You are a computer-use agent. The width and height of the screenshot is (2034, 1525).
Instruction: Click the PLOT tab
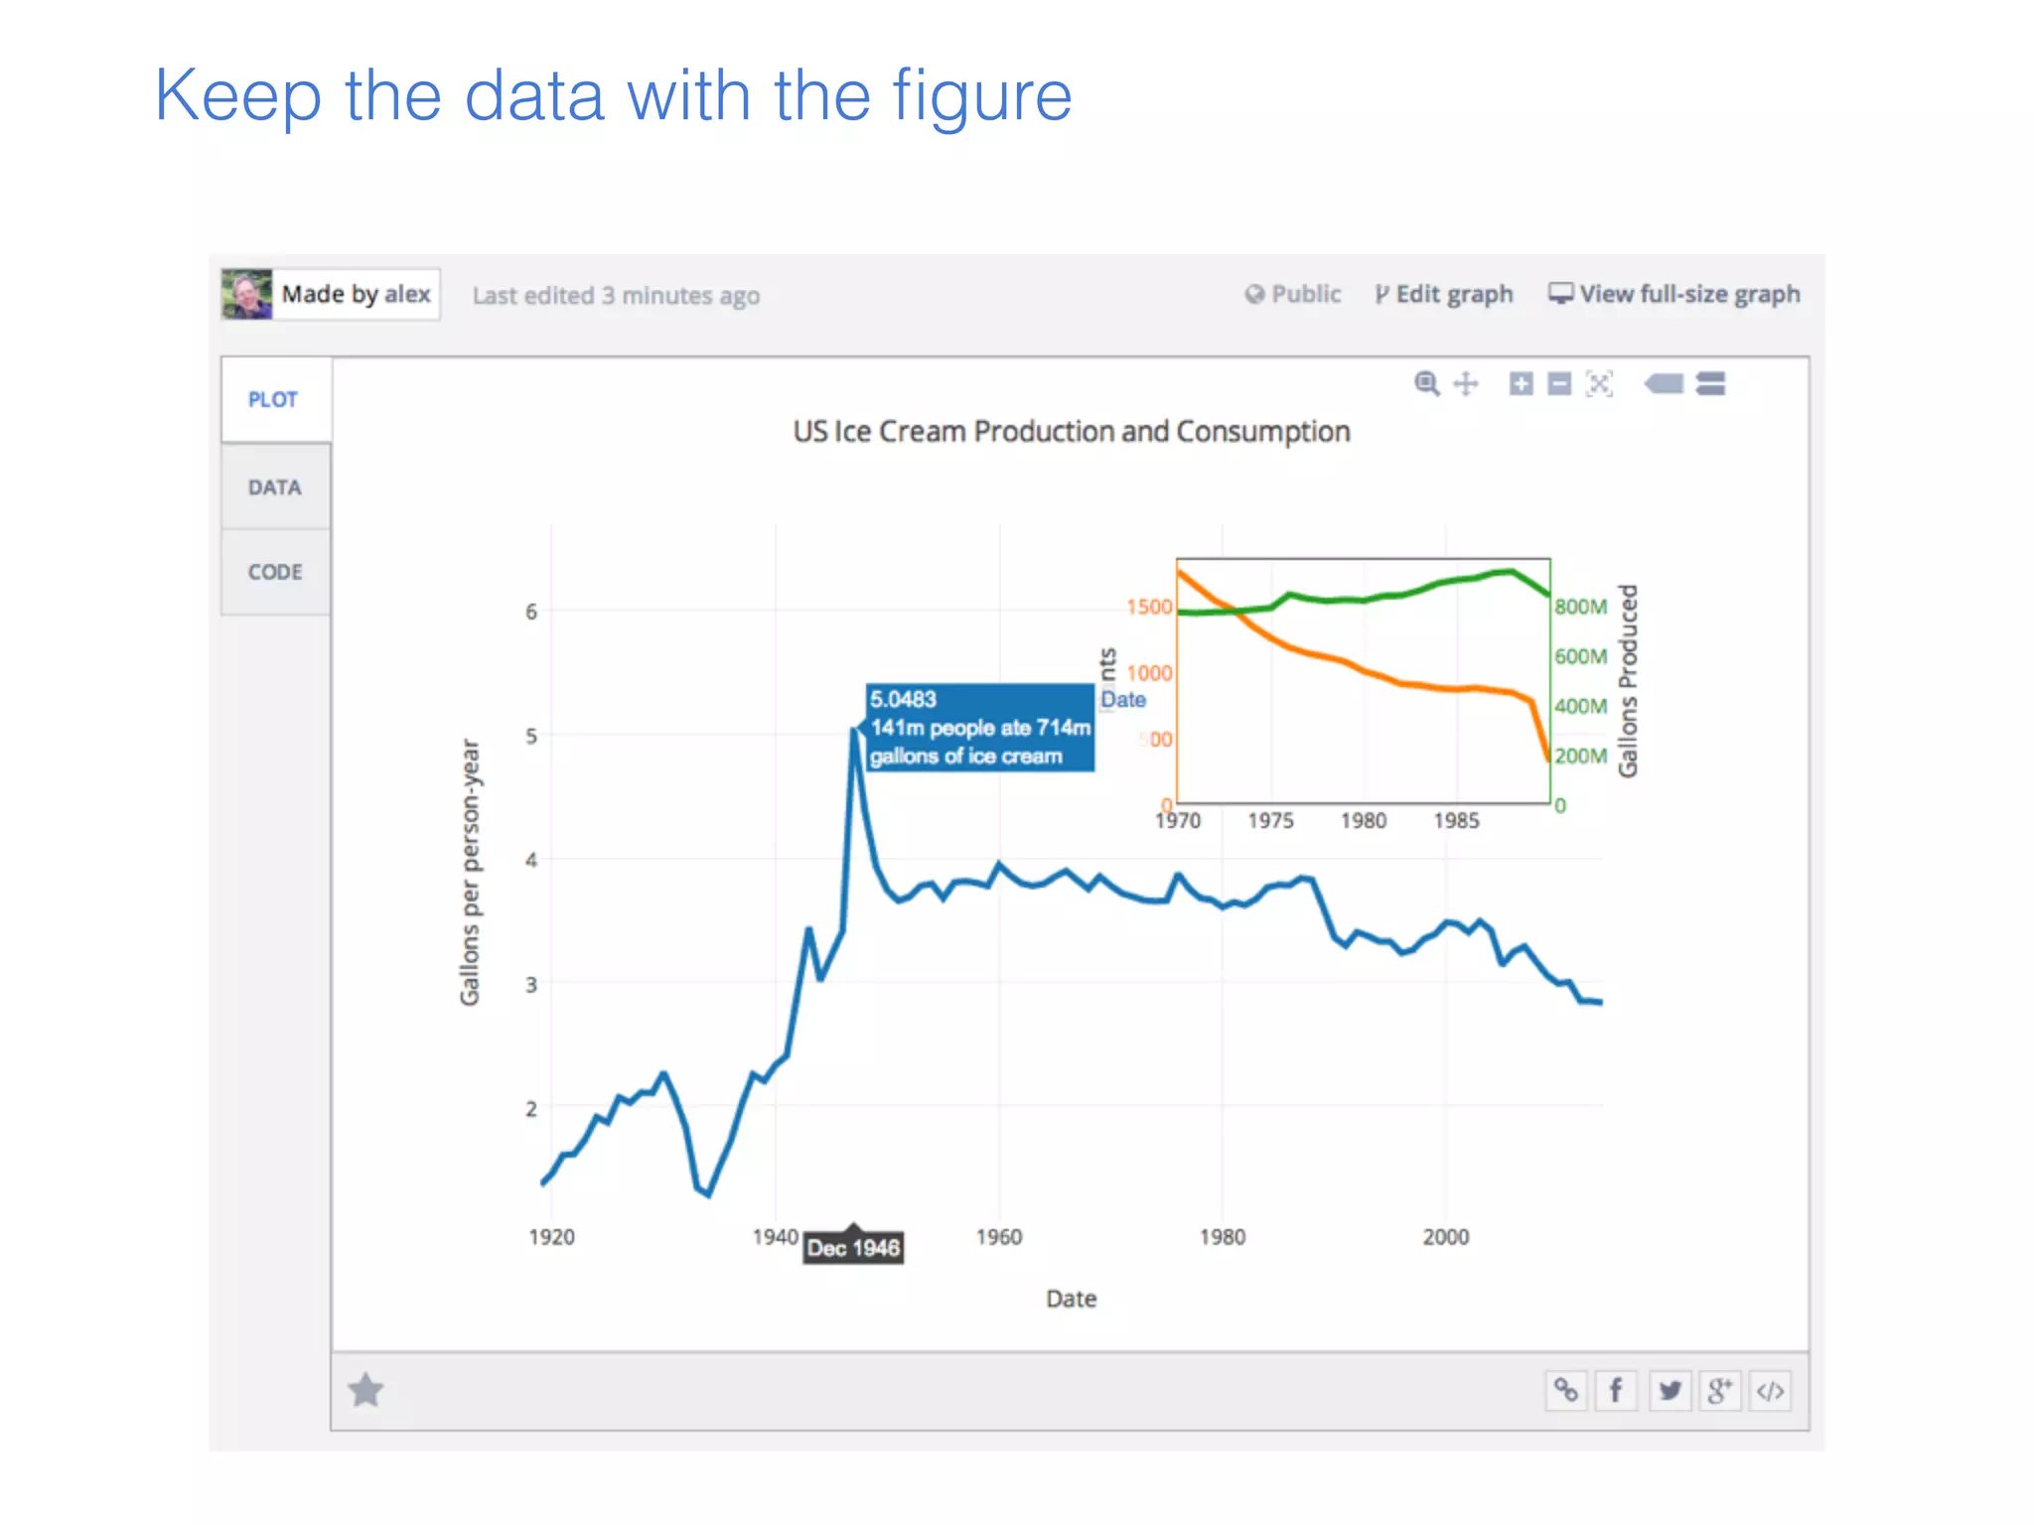(x=273, y=399)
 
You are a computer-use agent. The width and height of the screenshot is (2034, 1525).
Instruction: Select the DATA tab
(x=274, y=487)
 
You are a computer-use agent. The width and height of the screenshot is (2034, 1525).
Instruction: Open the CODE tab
(x=275, y=572)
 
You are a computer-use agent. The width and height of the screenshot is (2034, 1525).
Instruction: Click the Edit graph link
(x=1445, y=294)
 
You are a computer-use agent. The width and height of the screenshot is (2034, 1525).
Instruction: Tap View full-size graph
(x=1675, y=294)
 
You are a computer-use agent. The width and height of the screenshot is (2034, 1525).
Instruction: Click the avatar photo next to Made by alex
(x=246, y=294)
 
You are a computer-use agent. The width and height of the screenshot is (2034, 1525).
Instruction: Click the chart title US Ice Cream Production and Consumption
(x=1071, y=432)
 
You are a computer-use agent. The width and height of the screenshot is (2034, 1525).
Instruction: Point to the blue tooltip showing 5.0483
(x=979, y=728)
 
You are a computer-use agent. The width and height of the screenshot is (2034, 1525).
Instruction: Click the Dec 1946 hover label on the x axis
(x=853, y=1248)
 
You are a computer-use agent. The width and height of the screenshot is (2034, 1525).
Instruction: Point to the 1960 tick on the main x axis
(x=998, y=1237)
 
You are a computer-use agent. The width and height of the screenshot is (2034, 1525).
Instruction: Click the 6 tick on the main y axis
(x=531, y=612)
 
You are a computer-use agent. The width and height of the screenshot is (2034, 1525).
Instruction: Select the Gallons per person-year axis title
(x=470, y=872)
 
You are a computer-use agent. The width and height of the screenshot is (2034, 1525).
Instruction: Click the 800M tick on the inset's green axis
(x=1580, y=607)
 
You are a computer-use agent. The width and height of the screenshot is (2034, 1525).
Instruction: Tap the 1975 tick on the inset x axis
(x=1270, y=821)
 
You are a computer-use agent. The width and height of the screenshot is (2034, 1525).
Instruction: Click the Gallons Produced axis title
(x=1627, y=681)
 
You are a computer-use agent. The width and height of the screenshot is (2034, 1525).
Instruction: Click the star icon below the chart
(x=365, y=1390)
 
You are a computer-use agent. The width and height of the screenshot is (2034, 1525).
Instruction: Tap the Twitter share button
(x=1670, y=1390)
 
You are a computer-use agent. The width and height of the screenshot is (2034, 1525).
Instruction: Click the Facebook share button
(x=1616, y=1390)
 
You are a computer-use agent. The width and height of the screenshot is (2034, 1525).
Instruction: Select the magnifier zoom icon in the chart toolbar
(x=1426, y=383)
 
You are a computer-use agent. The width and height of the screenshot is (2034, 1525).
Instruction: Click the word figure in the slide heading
(x=981, y=96)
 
